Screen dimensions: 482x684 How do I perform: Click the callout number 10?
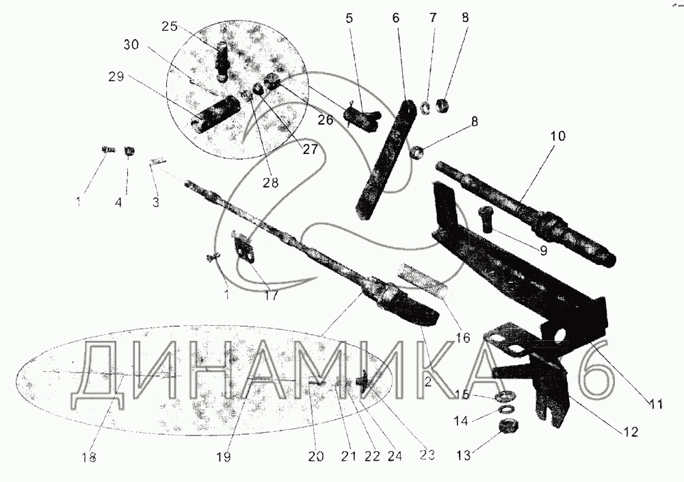coord(557,136)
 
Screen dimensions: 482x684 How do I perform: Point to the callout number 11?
coord(656,404)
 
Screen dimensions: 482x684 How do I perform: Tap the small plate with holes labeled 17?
coord(245,246)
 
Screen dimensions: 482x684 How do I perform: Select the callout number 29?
coord(116,77)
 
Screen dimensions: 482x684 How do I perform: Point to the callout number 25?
coord(169,27)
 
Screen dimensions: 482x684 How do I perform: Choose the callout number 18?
coord(88,457)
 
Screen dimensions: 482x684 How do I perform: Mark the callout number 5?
coord(350,19)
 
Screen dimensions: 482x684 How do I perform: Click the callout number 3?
coord(156,202)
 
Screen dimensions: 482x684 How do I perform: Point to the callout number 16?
coord(463,338)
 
